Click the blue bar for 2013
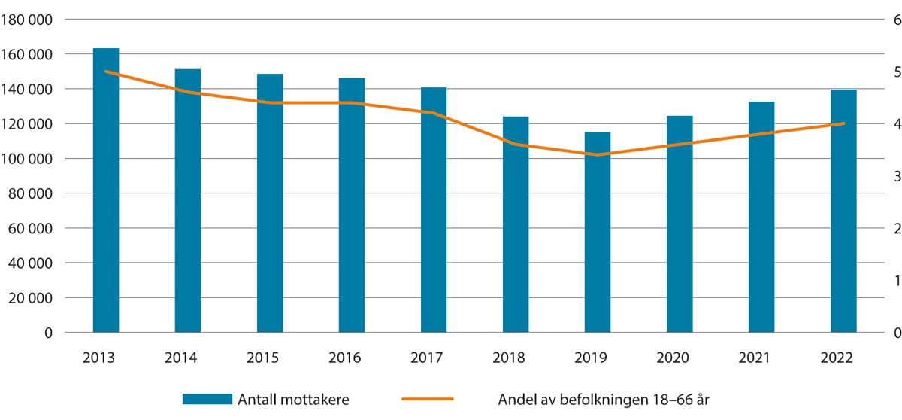click(x=106, y=190)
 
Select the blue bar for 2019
click(x=598, y=232)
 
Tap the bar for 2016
click(x=352, y=205)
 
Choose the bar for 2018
click(x=516, y=224)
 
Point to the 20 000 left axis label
click(x=31, y=298)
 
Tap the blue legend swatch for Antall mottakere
click(x=207, y=400)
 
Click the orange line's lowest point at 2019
click(x=598, y=155)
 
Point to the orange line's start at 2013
click(x=106, y=72)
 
